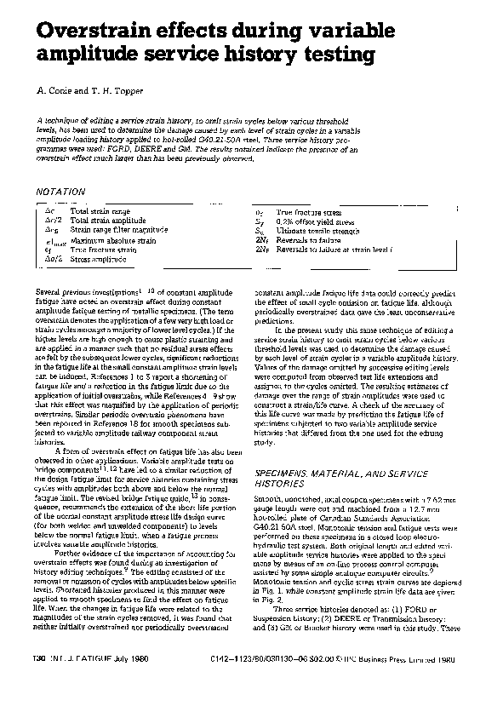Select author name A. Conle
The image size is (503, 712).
(54, 90)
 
